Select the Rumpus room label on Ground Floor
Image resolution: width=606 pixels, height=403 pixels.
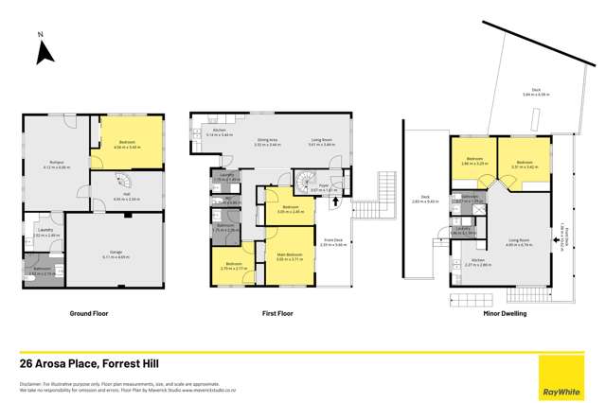tap(58, 164)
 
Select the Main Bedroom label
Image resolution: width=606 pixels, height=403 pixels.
tap(289, 255)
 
